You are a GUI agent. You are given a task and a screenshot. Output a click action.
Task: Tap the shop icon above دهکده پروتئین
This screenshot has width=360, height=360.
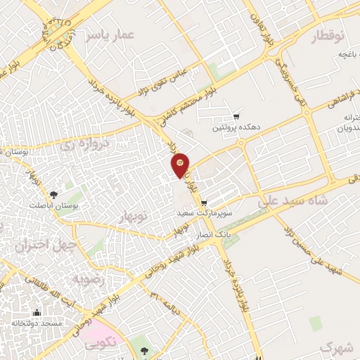coord(236,117)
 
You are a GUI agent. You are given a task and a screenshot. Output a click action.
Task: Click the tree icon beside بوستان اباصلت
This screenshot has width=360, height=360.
coord(54,193)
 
